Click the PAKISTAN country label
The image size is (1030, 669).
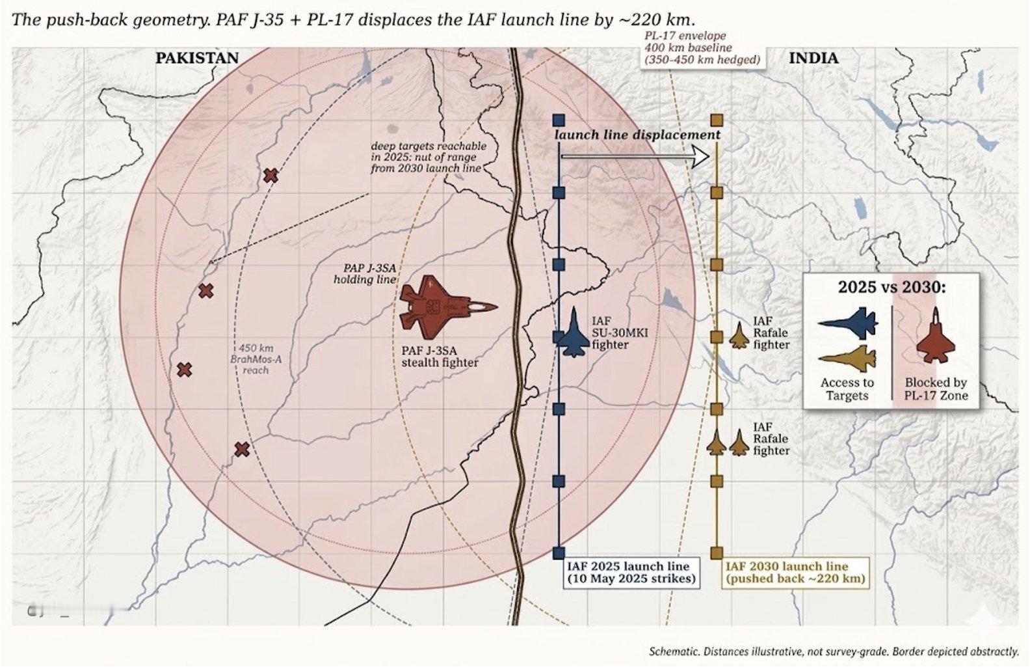tap(197, 58)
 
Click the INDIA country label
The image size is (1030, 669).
tap(813, 59)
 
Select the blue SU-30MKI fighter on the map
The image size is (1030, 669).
tap(573, 333)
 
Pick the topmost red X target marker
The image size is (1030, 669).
tap(271, 175)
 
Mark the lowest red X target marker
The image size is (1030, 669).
tap(242, 449)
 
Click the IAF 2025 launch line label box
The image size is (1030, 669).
tap(632, 573)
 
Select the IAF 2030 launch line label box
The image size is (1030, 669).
tap(795, 573)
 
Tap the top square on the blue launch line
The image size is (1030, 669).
tap(559, 120)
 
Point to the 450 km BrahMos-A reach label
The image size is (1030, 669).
tap(256, 359)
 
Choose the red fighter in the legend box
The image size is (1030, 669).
tap(935, 335)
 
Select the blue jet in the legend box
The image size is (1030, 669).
tap(848, 321)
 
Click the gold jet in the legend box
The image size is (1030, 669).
tap(847, 359)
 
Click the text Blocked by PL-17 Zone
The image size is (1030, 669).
tap(936, 389)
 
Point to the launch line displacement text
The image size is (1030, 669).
tap(637, 135)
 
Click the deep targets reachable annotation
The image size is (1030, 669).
tap(428, 157)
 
